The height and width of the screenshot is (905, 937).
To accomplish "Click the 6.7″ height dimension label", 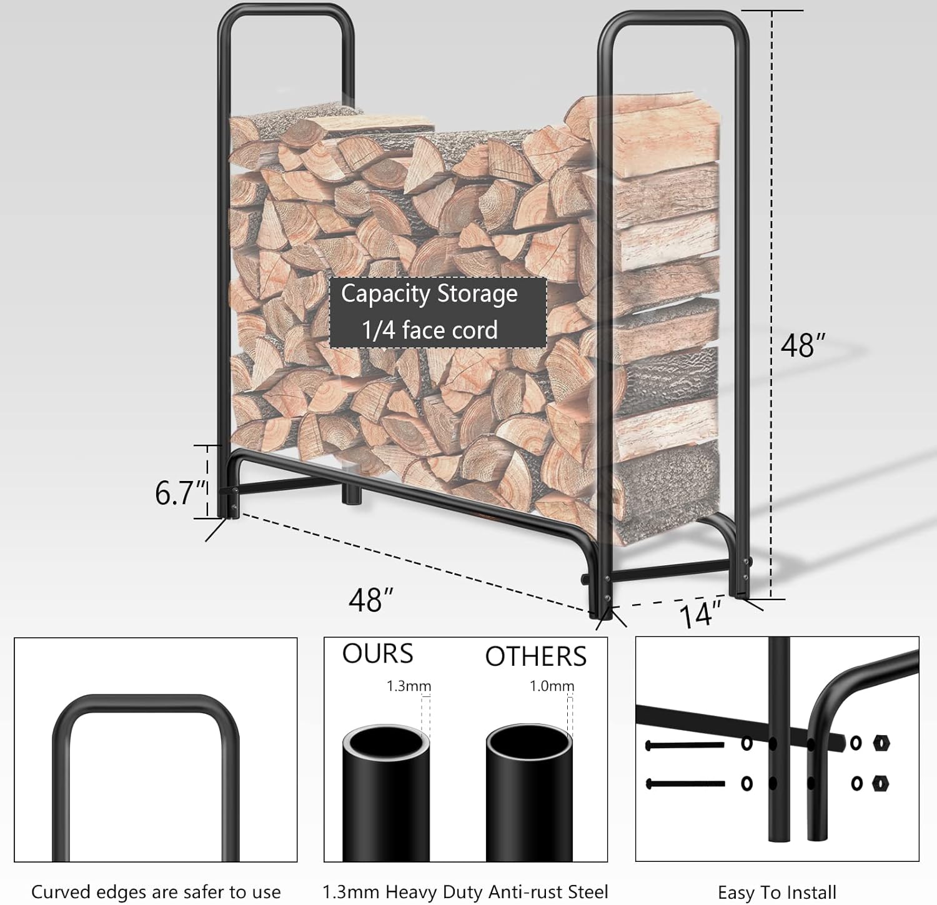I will (x=180, y=493).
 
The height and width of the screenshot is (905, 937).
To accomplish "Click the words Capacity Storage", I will (x=429, y=294).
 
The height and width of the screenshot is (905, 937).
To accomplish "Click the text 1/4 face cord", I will (x=430, y=330).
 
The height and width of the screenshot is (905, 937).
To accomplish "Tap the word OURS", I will (x=377, y=654).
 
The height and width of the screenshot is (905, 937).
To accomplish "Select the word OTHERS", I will (x=536, y=656).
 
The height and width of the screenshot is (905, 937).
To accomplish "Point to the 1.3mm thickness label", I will (x=409, y=686).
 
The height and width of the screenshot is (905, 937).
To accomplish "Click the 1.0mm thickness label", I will (x=552, y=686).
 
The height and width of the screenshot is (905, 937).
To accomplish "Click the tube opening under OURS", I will (x=385, y=743).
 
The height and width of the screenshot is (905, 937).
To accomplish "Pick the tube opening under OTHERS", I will (x=529, y=743).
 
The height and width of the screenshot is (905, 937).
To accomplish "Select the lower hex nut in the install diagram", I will (x=880, y=783).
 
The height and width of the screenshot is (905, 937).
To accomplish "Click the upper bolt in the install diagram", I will (x=684, y=744).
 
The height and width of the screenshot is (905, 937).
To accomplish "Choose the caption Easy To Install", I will (x=776, y=893).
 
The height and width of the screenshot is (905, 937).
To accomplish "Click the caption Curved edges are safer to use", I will (x=156, y=892).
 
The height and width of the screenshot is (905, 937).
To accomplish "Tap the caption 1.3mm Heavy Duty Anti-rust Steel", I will (x=465, y=892).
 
